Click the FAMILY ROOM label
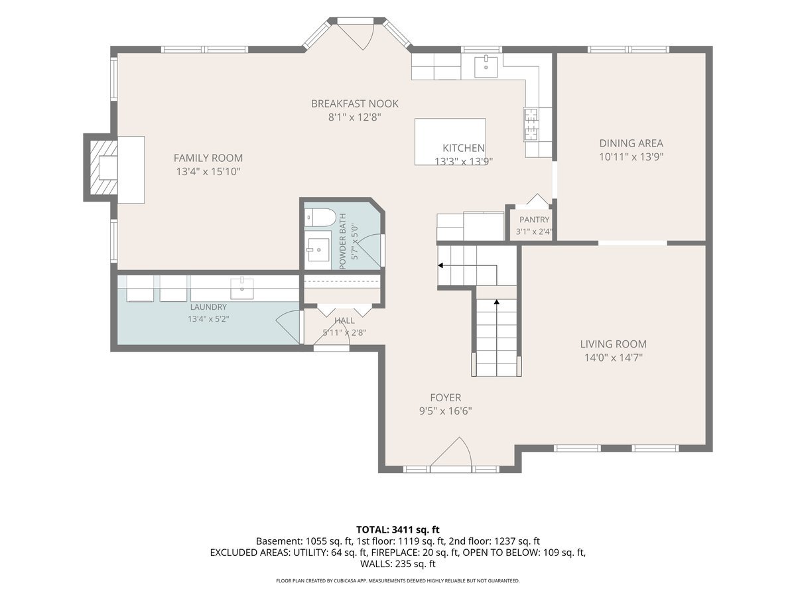(x=208, y=158)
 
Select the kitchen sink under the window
(x=486, y=66)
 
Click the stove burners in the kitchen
(x=531, y=124)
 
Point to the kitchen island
(x=450, y=141)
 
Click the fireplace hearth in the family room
(x=131, y=170)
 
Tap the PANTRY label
(x=534, y=220)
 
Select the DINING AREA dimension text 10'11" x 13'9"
(x=631, y=157)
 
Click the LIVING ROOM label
(x=613, y=344)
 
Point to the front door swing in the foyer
(x=452, y=454)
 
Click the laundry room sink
(x=242, y=288)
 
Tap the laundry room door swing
(x=288, y=327)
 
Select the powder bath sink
(x=319, y=249)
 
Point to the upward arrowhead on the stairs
(x=496, y=302)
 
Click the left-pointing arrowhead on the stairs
(x=440, y=265)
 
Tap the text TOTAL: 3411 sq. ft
(x=397, y=530)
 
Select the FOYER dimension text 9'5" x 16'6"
(x=445, y=411)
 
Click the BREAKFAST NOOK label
(x=355, y=103)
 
